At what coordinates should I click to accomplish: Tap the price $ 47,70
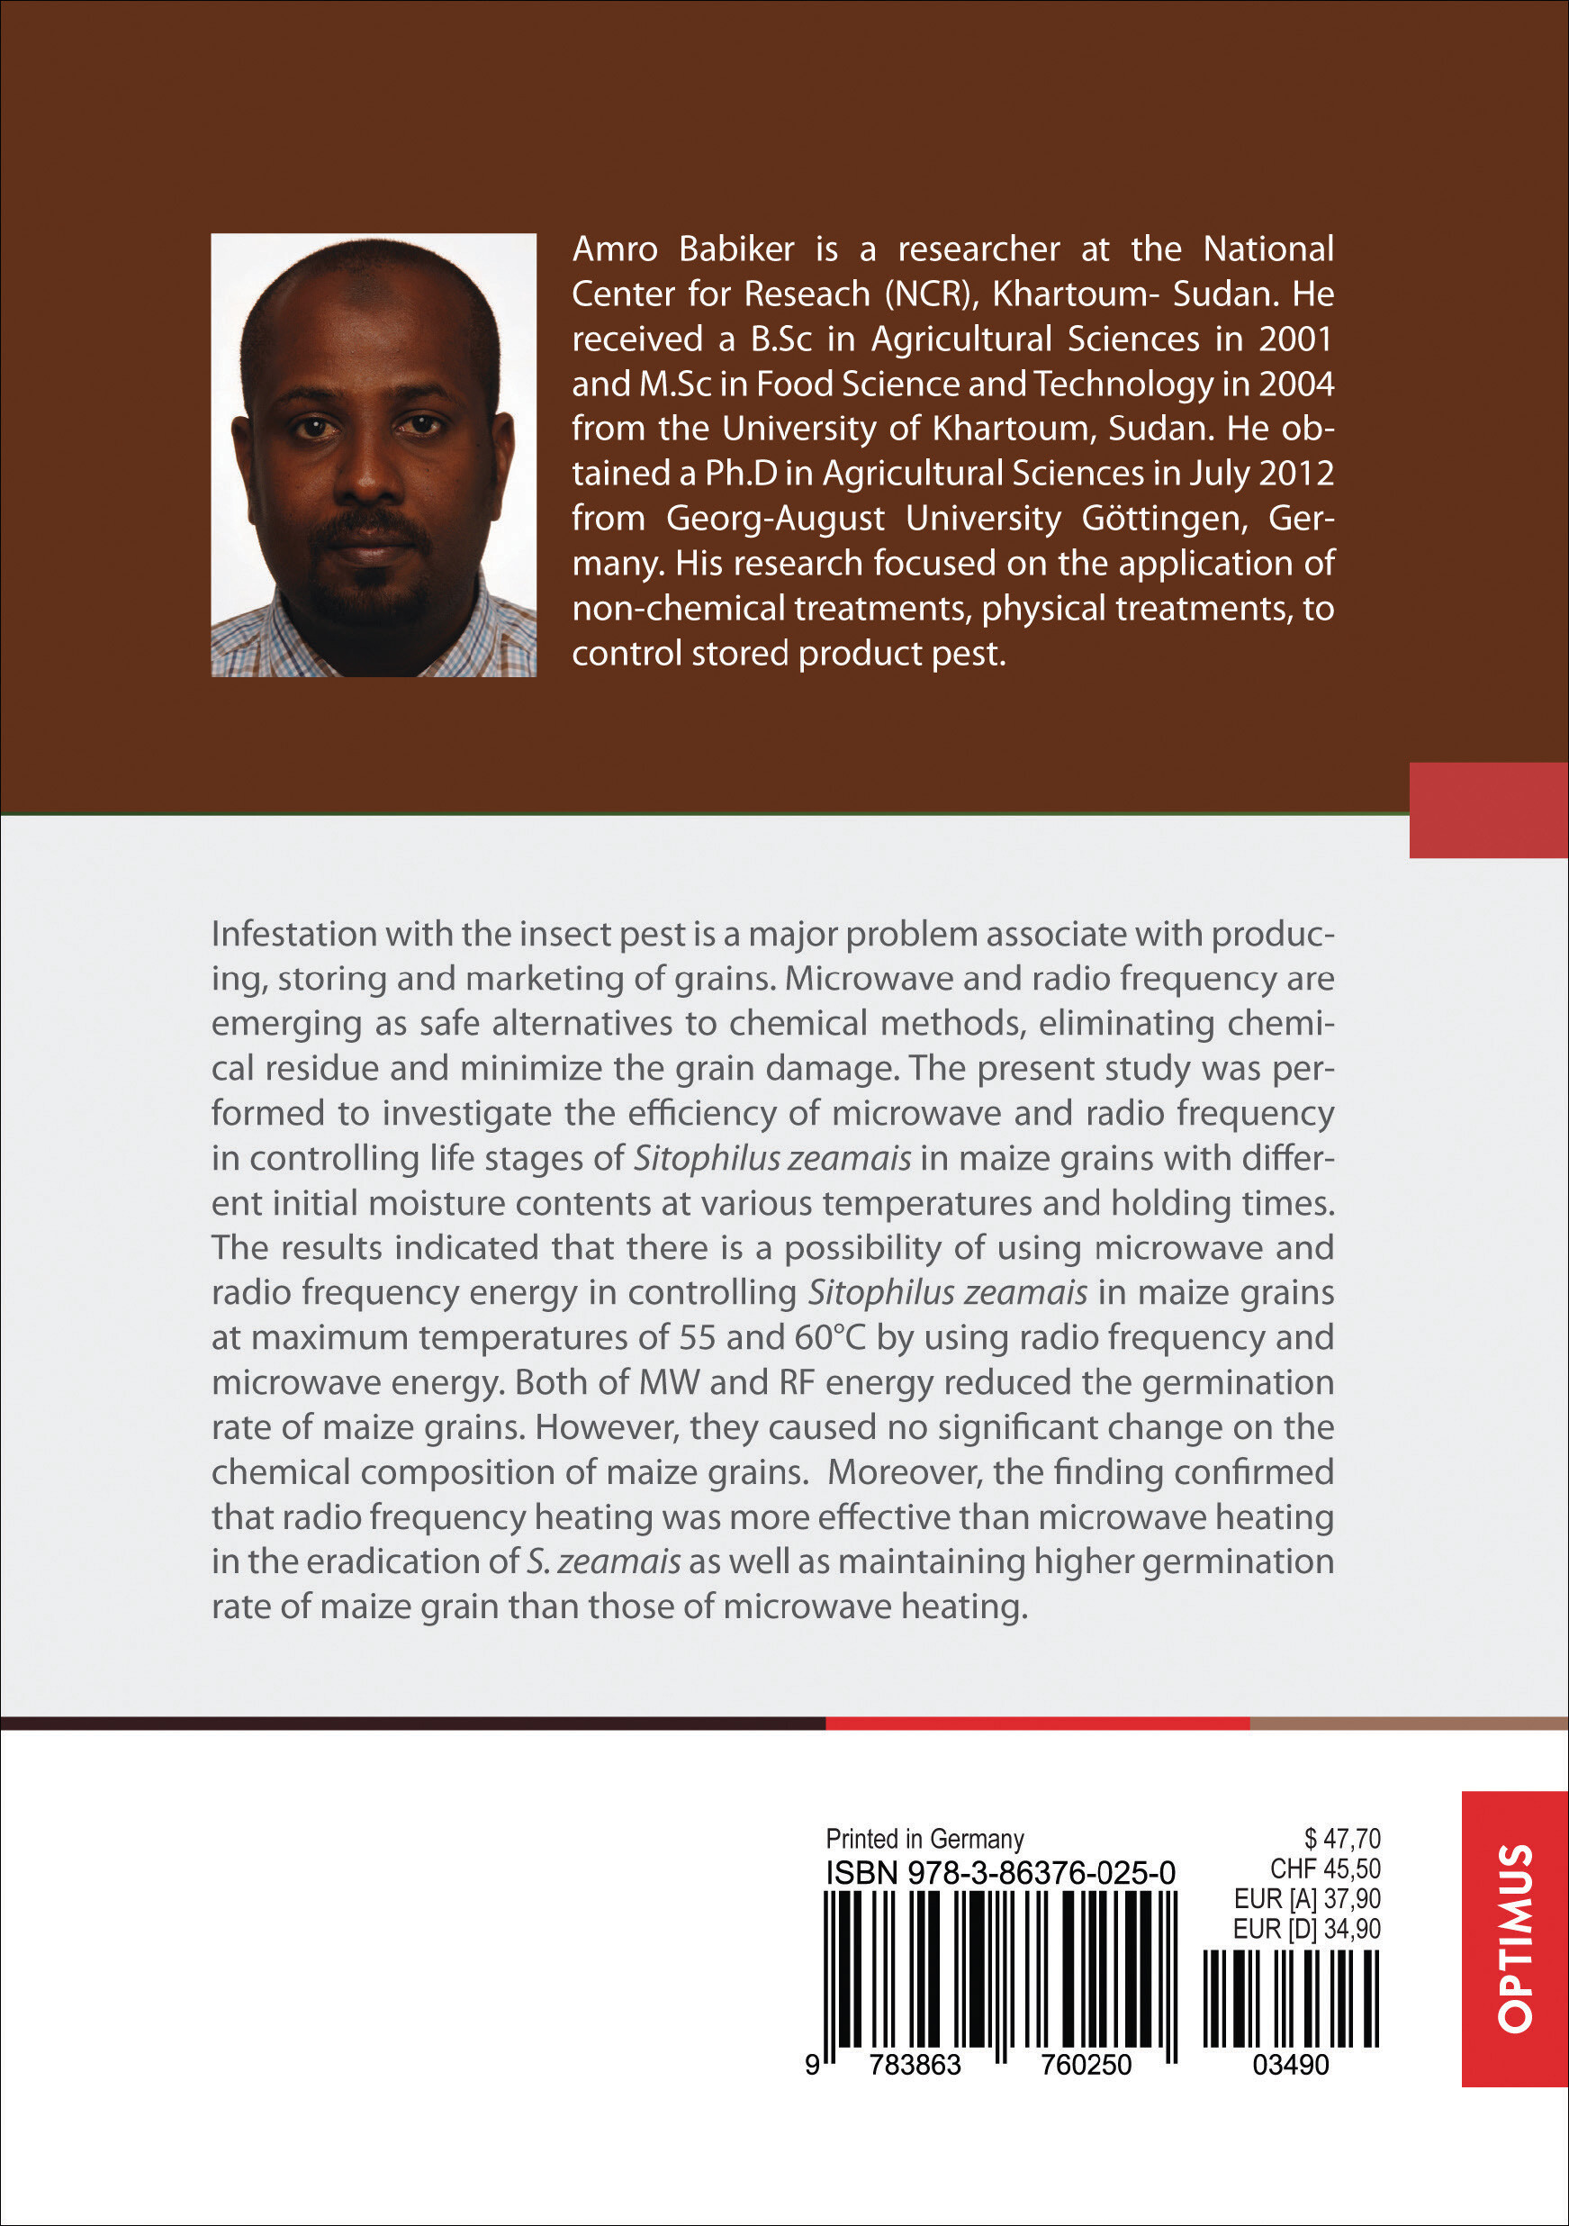pyautogui.click(x=1342, y=1838)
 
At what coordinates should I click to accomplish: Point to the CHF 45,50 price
pyautogui.click(x=1325, y=1869)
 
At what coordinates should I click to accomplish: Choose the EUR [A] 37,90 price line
pyautogui.click(x=1306, y=1898)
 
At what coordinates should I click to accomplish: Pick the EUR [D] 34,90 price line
pyautogui.click(x=1306, y=1930)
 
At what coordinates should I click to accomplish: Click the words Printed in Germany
pyautogui.click(x=924, y=1839)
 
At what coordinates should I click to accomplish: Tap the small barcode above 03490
pyautogui.click(x=1291, y=1999)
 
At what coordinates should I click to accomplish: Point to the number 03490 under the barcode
pyautogui.click(x=1291, y=2065)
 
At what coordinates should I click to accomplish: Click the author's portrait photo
pyautogui.click(x=373, y=455)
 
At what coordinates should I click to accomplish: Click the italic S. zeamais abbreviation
pyautogui.click(x=603, y=1561)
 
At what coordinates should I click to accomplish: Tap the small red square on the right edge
pyautogui.click(x=1489, y=810)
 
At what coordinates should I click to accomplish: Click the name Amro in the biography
pyautogui.click(x=615, y=249)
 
